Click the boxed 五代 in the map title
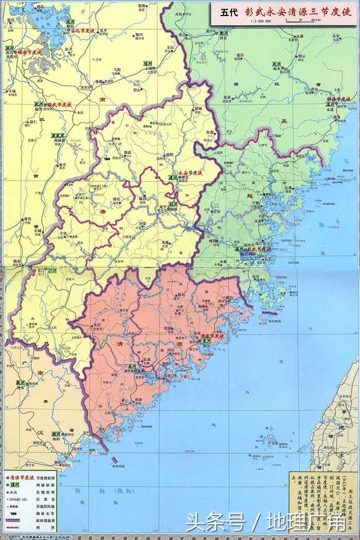pyautogui.click(x=227, y=12)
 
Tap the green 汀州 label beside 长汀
pyautogui.click(x=53, y=271)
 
